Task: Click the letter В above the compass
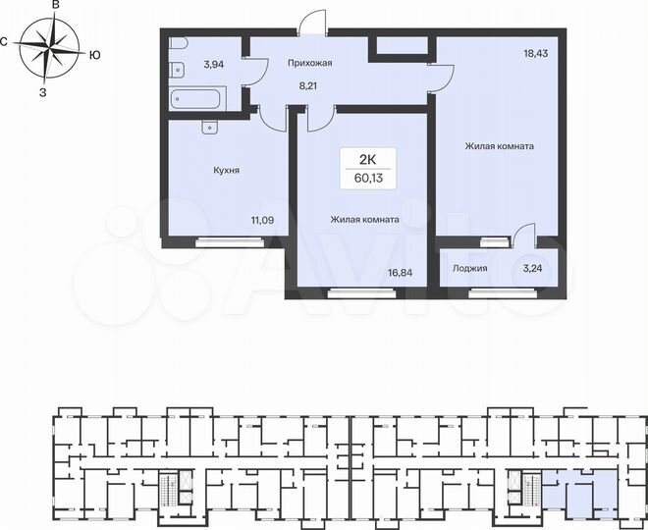pos(56,6)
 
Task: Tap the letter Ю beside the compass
pos(94,55)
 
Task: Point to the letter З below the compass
pos(42,93)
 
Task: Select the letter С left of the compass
pos(5,41)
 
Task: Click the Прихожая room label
pos(309,64)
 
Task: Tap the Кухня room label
pos(227,170)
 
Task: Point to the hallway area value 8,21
pos(310,85)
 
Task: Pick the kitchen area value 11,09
pos(263,221)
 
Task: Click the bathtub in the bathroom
pos(196,98)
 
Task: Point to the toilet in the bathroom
pos(176,68)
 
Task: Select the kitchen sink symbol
pos(208,125)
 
